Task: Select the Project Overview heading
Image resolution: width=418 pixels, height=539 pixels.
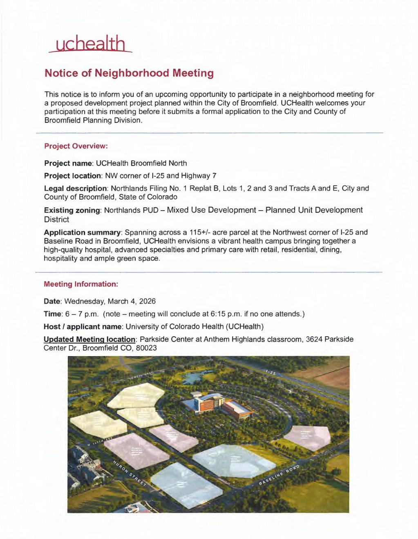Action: point(76,146)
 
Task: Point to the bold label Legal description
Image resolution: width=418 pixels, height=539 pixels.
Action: point(75,189)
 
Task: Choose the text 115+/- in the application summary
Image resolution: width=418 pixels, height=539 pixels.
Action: point(198,232)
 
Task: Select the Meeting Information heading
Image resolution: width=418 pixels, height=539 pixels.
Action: point(81,284)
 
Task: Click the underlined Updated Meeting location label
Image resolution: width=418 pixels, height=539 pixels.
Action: point(89,339)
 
